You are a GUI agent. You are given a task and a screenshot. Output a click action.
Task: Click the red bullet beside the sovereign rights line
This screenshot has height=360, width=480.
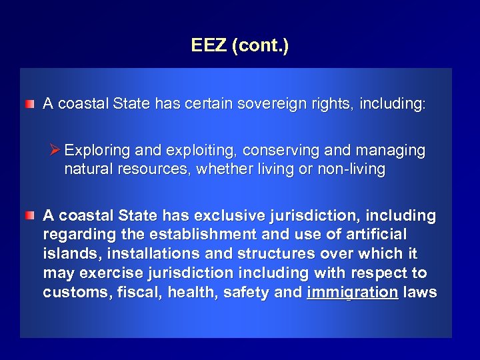pyautogui.click(x=30, y=105)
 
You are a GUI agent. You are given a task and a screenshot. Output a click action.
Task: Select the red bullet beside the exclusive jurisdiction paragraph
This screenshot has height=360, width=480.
pyautogui.click(x=30, y=216)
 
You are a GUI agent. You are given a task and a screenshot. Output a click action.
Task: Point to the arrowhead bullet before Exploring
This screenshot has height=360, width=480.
pyautogui.click(x=55, y=150)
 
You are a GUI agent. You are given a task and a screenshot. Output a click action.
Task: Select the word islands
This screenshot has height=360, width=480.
pyautogui.click(x=70, y=254)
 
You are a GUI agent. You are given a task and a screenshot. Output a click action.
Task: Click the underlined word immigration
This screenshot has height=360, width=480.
pyautogui.click(x=352, y=292)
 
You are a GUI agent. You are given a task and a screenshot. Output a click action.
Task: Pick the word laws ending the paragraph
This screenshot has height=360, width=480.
pyautogui.click(x=420, y=292)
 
